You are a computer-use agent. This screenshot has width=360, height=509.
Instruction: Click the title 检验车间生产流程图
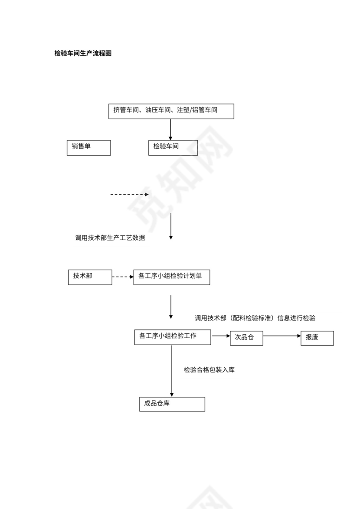coord(83,53)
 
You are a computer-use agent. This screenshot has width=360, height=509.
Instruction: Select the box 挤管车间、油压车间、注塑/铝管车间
coord(171,111)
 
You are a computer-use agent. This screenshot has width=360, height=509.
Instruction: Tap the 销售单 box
coord(88,147)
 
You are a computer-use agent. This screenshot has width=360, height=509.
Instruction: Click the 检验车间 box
coord(173,147)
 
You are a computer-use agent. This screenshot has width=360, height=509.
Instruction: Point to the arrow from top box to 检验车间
coord(170,129)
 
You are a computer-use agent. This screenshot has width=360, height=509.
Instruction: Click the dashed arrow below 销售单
coord(129,195)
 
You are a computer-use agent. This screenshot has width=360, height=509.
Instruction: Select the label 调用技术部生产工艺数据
coord(110,238)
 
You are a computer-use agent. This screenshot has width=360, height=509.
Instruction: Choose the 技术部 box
coord(90,277)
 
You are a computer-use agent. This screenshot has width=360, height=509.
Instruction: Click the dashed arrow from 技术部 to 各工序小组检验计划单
coord(122,277)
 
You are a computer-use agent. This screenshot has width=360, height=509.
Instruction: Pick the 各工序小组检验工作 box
coord(173,337)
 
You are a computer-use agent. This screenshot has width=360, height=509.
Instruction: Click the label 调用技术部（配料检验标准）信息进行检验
coord(255,318)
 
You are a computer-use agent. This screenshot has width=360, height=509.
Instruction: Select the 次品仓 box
coord(246,338)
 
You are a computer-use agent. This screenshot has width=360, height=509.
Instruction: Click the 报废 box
coord(317,338)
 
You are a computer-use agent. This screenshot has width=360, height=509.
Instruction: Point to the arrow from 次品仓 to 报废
coord(282,336)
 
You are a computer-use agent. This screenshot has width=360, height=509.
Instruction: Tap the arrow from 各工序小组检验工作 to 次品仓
coord(220,336)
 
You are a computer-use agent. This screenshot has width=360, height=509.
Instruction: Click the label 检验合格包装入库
coord(209,370)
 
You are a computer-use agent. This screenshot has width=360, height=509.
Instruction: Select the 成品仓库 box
coord(172,404)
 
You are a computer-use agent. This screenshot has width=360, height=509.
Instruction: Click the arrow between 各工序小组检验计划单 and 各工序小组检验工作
coord(171,307)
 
